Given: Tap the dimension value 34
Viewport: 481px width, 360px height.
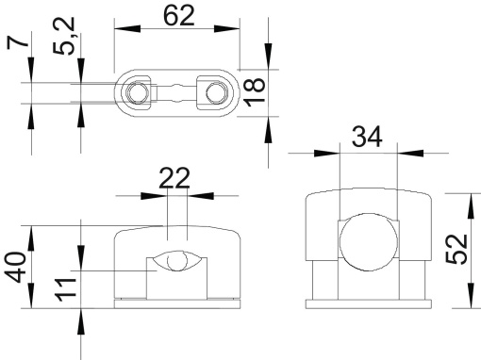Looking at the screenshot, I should pos(367,138).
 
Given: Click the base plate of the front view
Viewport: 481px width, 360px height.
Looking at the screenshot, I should pos(176,302).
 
